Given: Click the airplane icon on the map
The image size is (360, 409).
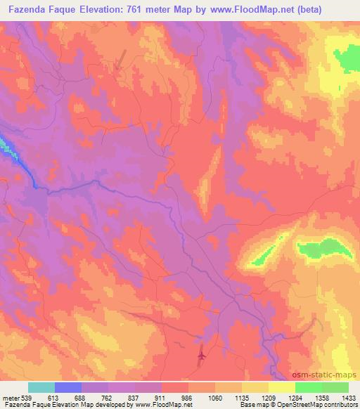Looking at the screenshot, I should pyautogui.click(x=202, y=356).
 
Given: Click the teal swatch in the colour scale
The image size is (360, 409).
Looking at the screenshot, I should pyautogui.click(x=41, y=387).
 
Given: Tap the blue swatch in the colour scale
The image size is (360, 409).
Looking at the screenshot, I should pyautogui.click(x=68, y=387).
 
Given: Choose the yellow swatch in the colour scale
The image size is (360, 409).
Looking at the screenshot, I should pyautogui.click(x=282, y=387).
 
